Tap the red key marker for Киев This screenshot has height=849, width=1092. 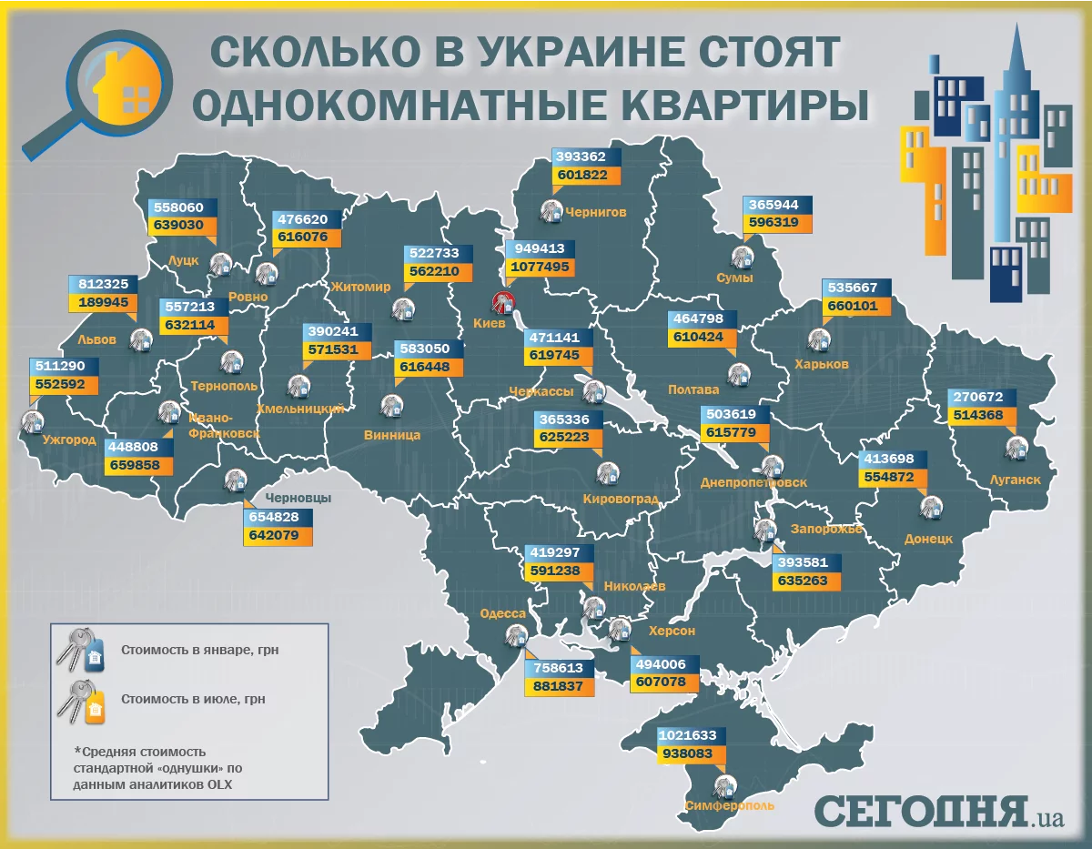point(502,302)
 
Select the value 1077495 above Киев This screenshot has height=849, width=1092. point(540,268)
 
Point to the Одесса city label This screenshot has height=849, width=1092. point(503,614)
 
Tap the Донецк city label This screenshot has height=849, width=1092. point(929,538)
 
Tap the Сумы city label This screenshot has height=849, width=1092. point(734,278)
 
